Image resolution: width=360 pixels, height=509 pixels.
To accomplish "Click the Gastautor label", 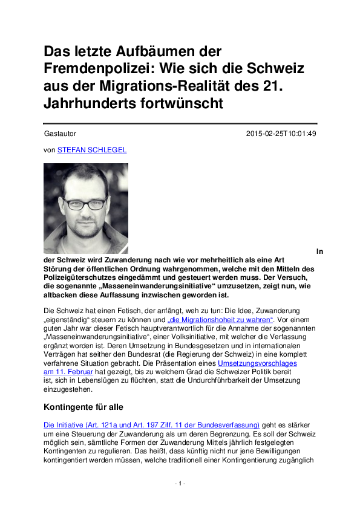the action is pos(60,134).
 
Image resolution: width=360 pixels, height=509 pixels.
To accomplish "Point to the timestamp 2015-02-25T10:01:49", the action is pos(281,134).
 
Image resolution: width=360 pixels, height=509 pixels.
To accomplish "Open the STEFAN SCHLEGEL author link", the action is pos(92,149).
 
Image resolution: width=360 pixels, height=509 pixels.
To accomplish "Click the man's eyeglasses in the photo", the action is pos(86,204).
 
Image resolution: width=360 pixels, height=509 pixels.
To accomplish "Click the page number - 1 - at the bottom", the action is pos(180,484).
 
